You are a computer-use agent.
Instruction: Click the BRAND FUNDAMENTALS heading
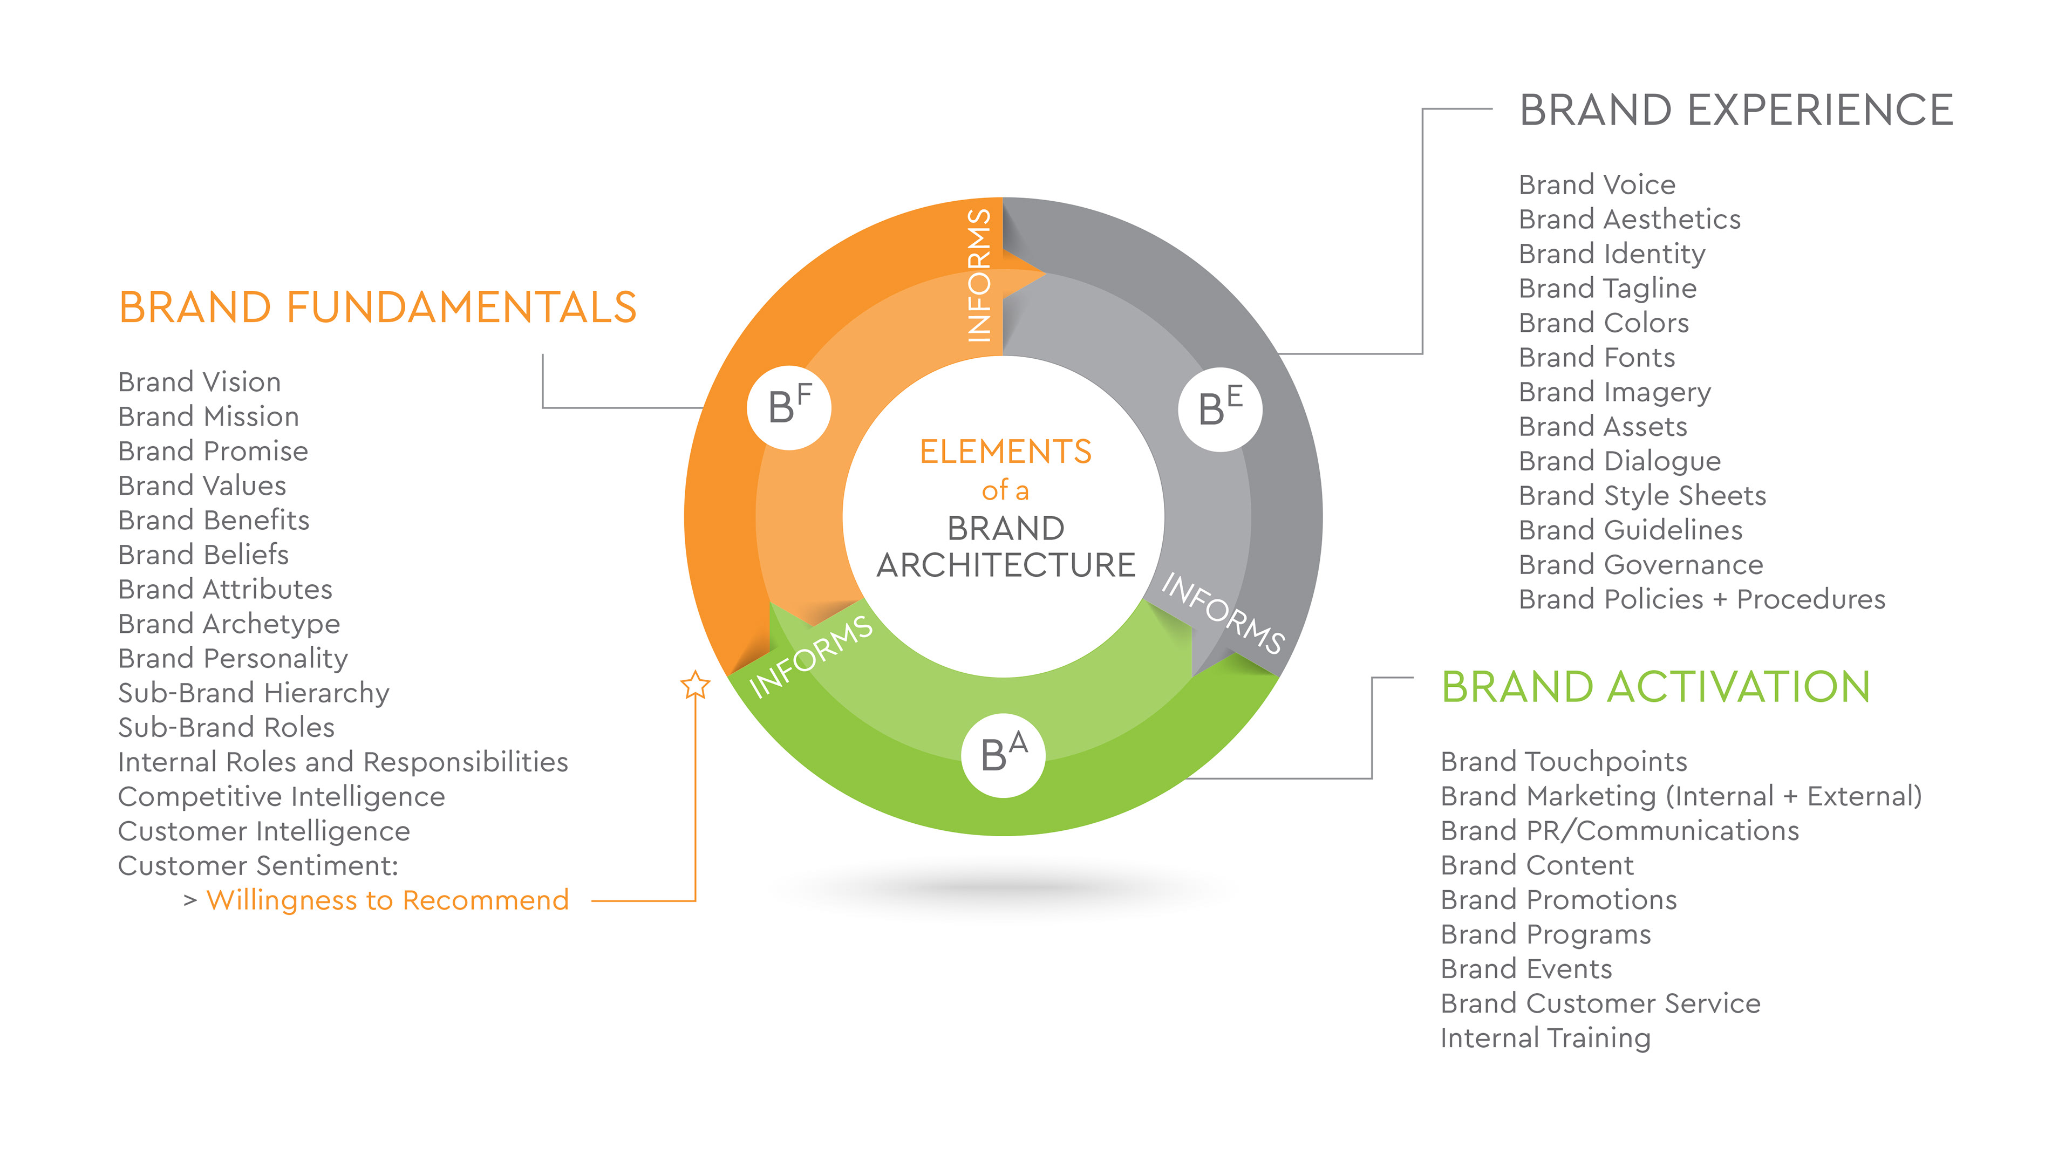point(377,308)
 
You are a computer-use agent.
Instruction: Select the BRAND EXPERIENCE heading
point(1735,111)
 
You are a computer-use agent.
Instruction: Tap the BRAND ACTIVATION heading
point(1655,687)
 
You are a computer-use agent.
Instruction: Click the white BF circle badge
point(789,407)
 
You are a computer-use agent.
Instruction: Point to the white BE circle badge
point(1219,408)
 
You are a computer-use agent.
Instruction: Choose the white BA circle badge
point(1003,755)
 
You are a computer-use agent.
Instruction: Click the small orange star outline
point(695,686)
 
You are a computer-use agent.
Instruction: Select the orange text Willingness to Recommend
point(387,900)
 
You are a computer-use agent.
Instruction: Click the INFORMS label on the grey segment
point(1222,613)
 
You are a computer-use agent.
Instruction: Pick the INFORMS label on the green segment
point(810,655)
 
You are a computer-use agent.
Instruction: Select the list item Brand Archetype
point(229,624)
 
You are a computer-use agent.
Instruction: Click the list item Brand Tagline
point(1607,288)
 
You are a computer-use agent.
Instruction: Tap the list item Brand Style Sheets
point(1642,495)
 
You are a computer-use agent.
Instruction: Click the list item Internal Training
point(1545,1038)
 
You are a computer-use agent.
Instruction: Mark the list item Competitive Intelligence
point(281,796)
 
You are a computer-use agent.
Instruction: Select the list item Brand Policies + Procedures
point(1701,599)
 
